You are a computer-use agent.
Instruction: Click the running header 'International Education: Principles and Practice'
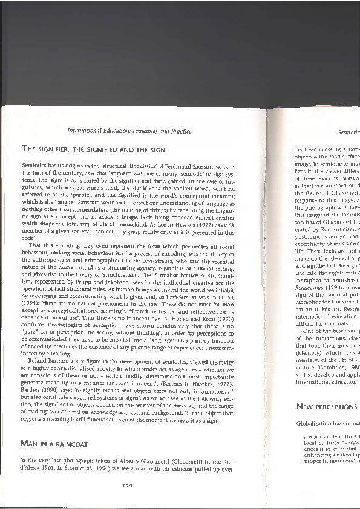coord(129,131)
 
